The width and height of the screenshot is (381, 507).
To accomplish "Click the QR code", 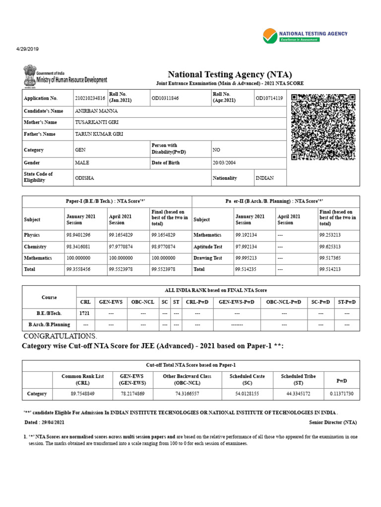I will (x=323, y=127).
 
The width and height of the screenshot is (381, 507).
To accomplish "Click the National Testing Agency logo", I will (x=305, y=36).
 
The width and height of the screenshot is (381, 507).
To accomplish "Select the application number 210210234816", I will (x=90, y=98).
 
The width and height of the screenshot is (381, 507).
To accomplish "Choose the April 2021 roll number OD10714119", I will (x=269, y=98).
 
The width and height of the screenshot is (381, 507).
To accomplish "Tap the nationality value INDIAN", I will (x=264, y=178).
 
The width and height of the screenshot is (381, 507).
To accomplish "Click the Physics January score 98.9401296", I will (x=82, y=235).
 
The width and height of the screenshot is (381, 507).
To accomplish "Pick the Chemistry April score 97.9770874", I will (x=125, y=247).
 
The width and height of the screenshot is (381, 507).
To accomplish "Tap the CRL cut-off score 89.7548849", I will (x=82, y=394).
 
